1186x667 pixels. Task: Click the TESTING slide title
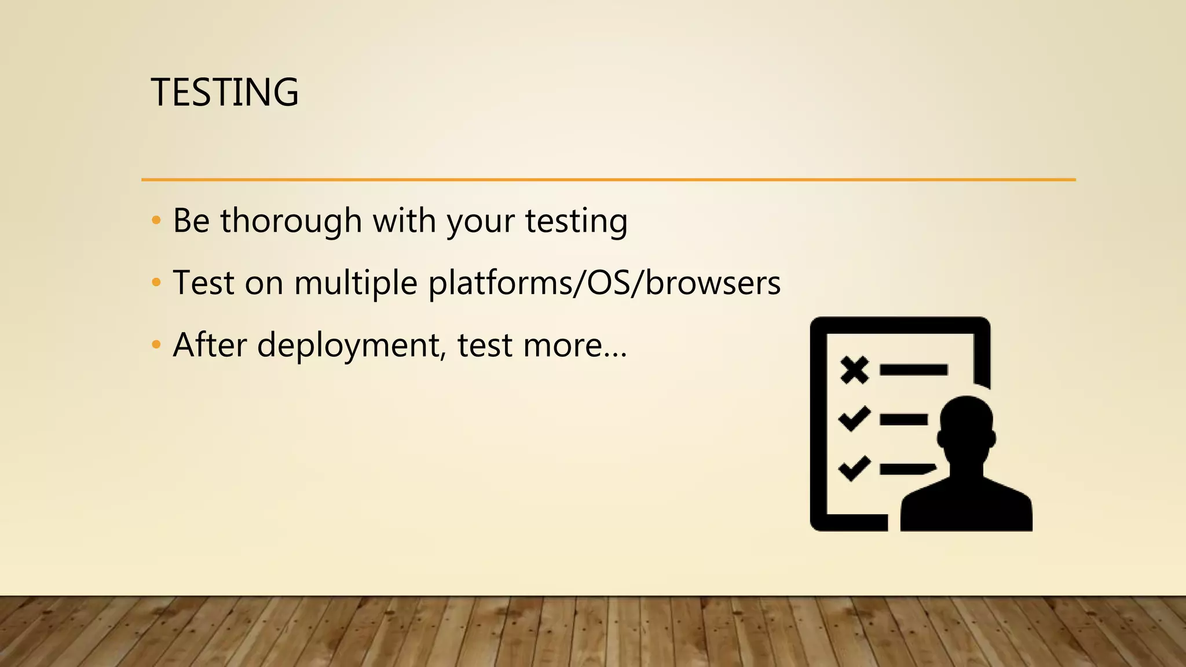(x=225, y=93)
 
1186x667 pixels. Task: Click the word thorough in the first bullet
(x=291, y=221)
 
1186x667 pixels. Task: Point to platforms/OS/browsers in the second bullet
(x=604, y=284)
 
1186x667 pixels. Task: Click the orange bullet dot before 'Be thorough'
(x=156, y=221)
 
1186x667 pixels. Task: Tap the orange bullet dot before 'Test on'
(x=156, y=283)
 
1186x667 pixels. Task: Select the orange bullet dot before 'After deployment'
(x=156, y=345)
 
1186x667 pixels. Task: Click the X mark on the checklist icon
(x=855, y=370)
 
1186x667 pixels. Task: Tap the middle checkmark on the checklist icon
(x=854, y=418)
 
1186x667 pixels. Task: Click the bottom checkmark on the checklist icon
(x=854, y=468)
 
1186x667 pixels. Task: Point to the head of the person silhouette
(x=966, y=428)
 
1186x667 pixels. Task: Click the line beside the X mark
(x=913, y=370)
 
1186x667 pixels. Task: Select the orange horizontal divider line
(x=608, y=179)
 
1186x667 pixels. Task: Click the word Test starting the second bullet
(x=203, y=284)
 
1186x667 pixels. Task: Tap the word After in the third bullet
(x=210, y=345)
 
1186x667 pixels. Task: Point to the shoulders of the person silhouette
(x=966, y=507)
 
